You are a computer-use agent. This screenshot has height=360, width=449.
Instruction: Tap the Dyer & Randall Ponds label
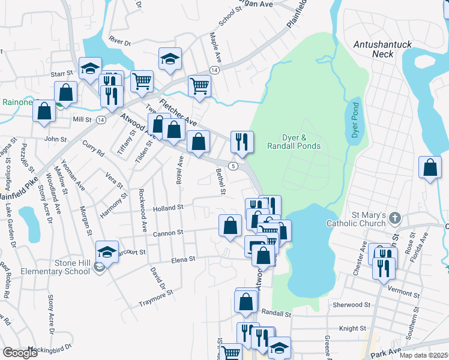(x=302, y=142)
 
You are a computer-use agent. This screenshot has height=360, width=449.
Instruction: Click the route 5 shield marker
(x=234, y=165)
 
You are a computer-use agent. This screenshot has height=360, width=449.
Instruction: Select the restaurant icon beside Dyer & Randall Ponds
(x=242, y=142)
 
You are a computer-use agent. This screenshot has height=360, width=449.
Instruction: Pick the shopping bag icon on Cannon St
(x=230, y=226)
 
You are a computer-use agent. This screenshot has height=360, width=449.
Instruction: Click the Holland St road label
(x=167, y=208)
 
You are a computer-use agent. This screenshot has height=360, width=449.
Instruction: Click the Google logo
(x=20, y=353)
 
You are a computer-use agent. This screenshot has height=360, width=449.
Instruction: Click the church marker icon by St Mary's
(x=394, y=217)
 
